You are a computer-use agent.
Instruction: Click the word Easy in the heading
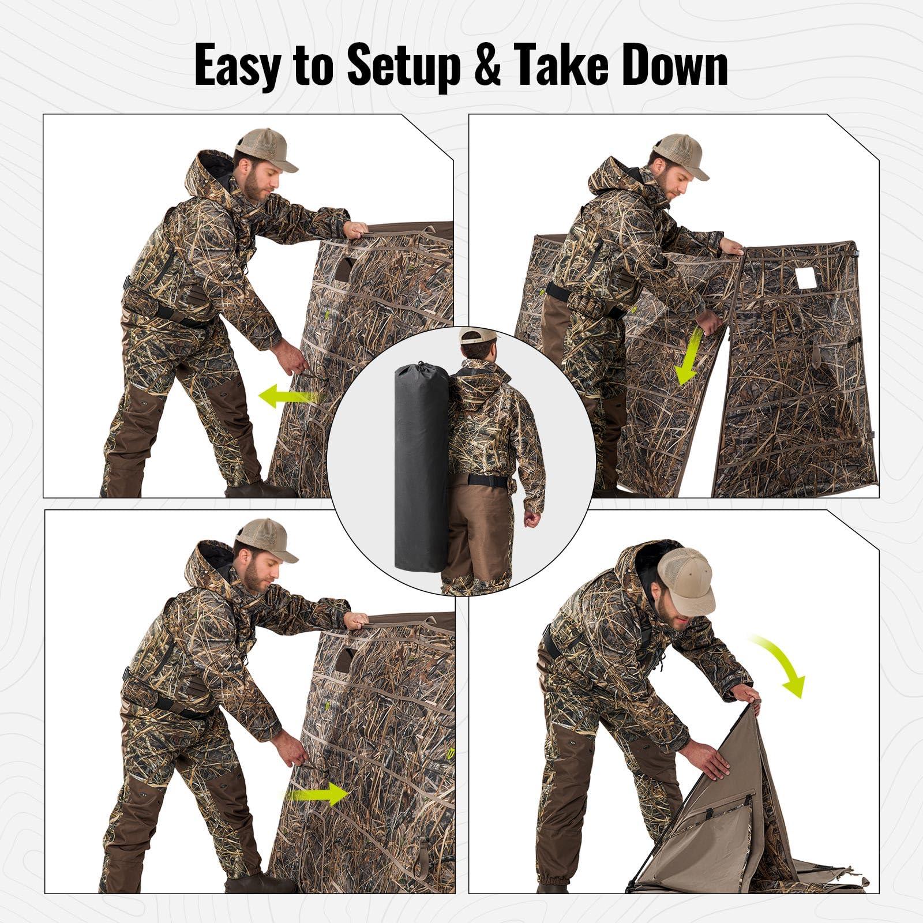[x=238, y=66]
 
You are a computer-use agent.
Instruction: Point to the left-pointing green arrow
[x=287, y=396]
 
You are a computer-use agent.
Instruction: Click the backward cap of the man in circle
[x=478, y=336]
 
